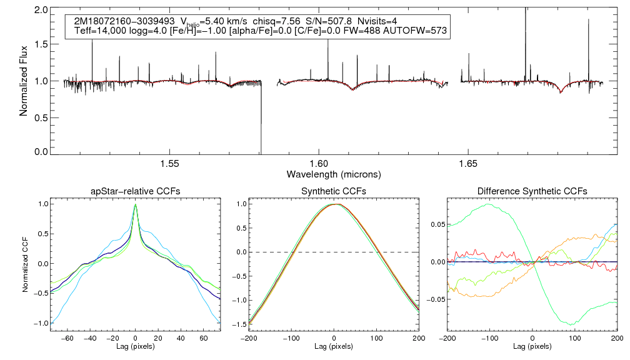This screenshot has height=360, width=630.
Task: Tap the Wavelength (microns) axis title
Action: point(334,173)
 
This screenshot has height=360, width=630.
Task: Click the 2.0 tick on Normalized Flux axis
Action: point(41,11)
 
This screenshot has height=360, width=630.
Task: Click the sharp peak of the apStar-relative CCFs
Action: point(136,205)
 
